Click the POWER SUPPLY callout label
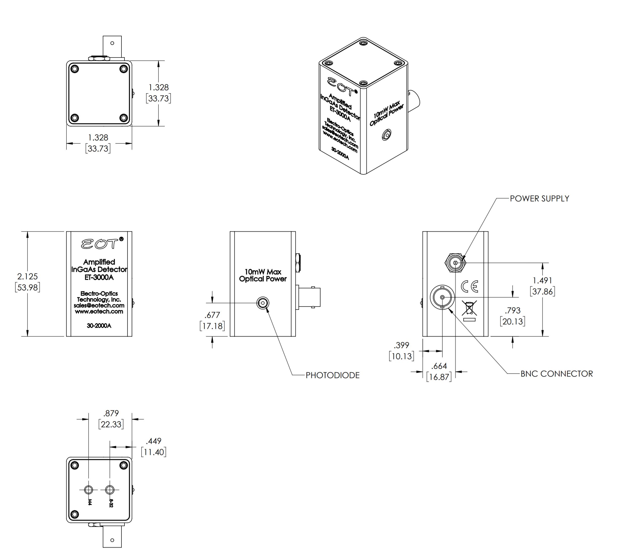(x=539, y=198)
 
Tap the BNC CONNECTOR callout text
(x=557, y=374)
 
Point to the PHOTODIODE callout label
(x=332, y=375)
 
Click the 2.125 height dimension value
(x=27, y=276)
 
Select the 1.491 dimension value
(x=542, y=280)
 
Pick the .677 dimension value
(x=212, y=315)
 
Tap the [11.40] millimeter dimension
(x=153, y=452)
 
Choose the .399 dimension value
(x=401, y=345)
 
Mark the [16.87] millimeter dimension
(x=439, y=377)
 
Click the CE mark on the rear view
(x=469, y=287)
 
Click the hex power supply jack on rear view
(x=455, y=263)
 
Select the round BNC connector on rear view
(x=442, y=297)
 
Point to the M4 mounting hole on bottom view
(x=89, y=489)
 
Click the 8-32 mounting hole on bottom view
(x=110, y=489)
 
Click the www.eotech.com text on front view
(x=99, y=312)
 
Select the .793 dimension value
(x=512, y=310)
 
